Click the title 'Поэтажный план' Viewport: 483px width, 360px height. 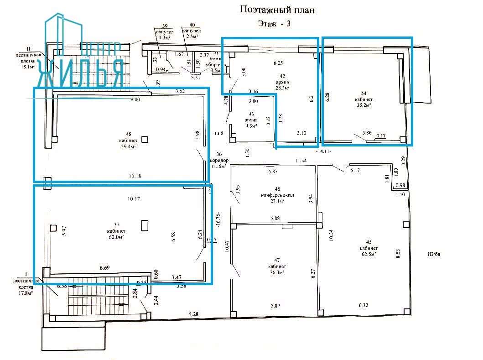(x=277, y=10)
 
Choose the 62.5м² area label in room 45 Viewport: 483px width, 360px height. (x=368, y=254)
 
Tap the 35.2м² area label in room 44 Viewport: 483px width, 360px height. (x=363, y=104)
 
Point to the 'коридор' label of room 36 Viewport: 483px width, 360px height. (x=218, y=161)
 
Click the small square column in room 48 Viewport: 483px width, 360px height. (x=145, y=140)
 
